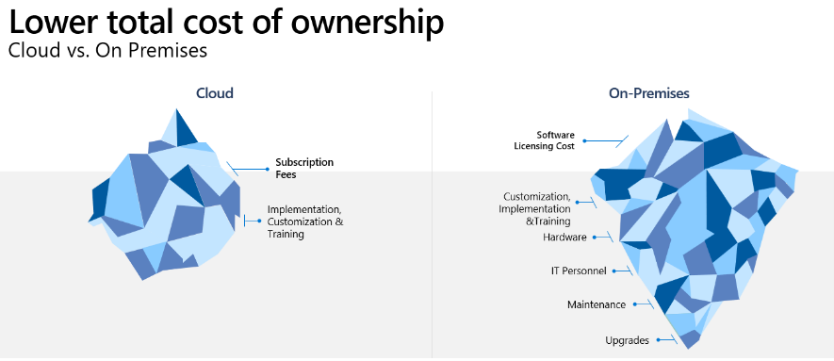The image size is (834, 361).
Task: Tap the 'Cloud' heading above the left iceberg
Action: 215,93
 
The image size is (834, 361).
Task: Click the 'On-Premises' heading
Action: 648,93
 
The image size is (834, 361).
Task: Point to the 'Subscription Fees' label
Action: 304,168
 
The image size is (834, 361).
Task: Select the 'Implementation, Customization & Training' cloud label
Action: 304,222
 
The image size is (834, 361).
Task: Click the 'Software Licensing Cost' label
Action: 543,139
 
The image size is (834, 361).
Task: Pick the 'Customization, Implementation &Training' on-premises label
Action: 536,207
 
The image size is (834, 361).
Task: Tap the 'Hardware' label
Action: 564,238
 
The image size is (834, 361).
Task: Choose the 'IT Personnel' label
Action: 579,271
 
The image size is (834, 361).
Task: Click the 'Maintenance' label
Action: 596,304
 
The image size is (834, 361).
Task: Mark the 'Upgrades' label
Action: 627,340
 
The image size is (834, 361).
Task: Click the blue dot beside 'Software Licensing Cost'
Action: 585,141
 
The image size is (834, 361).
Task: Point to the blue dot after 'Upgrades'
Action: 657,340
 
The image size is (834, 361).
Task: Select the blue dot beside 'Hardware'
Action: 596,238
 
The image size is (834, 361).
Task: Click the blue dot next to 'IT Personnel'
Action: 614,271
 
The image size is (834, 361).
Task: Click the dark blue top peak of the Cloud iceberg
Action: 185,128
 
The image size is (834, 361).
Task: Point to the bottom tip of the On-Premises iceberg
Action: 691,344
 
